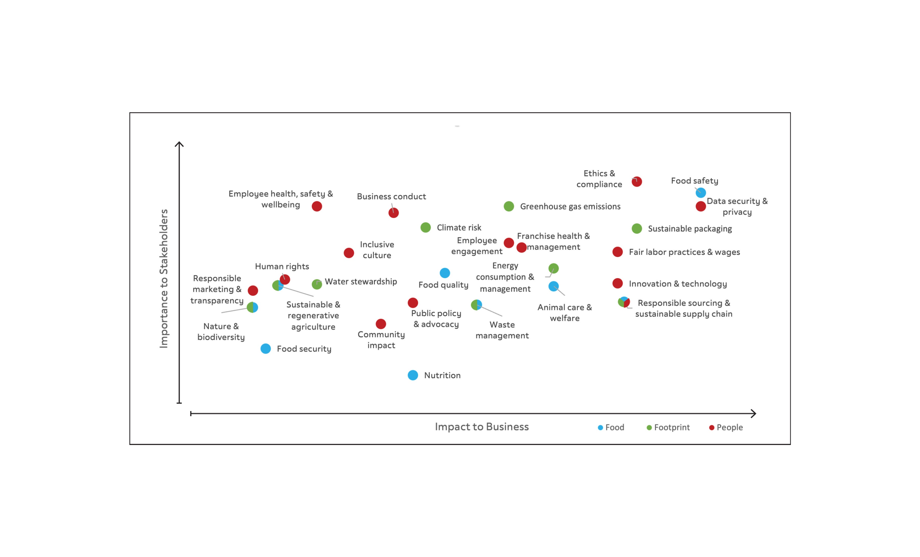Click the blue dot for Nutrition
click(x=413, y=375)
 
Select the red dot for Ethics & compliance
click(x=637, y=182)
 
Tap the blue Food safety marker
click(x=701, y=193)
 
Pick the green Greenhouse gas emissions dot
click(x=509, y=206)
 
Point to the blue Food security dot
click(x=265, y=349)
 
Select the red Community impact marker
click(x=381, y=324)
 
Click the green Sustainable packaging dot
click(x=637, y=228)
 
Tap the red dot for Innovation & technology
click(x=618, y=283)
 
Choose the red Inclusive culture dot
click(x=349, y=253)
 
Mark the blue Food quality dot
click(x=445, y=273)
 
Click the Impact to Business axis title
click(x=482, y=427)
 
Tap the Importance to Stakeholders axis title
click(x=164, y=279)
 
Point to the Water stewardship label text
click(x=361, y=281)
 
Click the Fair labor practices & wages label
click(x=684, y=252)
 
